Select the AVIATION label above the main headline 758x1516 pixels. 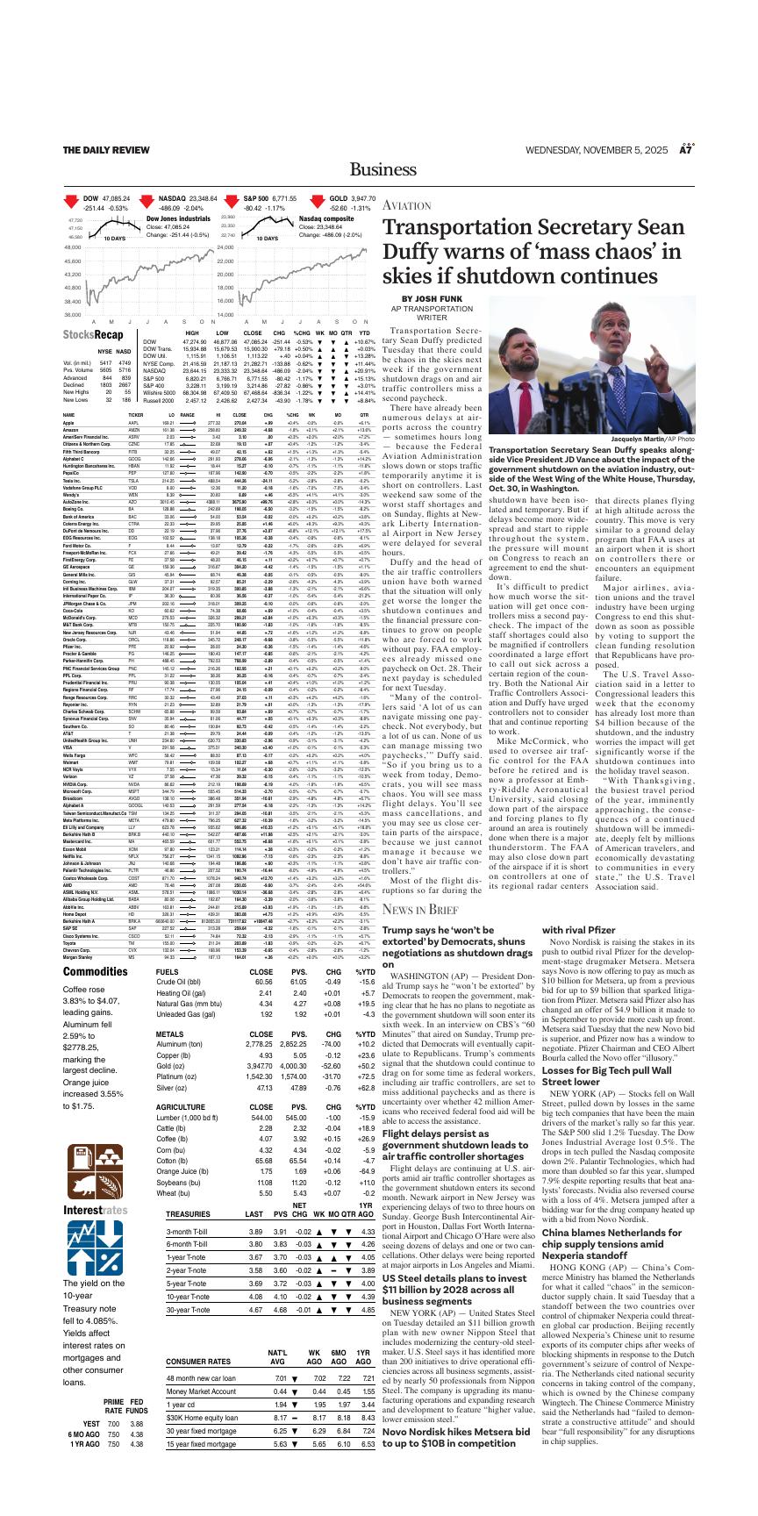406,205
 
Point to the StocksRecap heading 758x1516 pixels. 92,335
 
